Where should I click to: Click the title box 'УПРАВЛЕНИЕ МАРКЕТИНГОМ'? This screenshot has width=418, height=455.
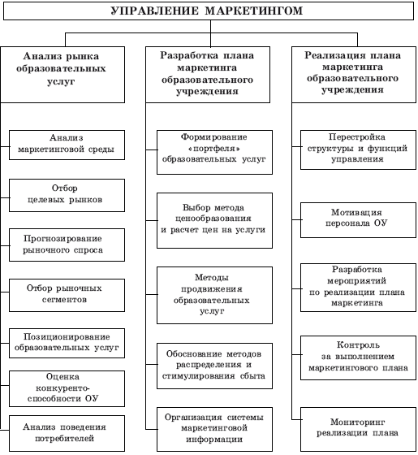click(x=209, y=11)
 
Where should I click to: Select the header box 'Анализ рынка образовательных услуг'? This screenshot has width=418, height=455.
click(x=62, y=75)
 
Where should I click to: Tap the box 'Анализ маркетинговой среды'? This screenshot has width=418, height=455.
click(x=67, y=145)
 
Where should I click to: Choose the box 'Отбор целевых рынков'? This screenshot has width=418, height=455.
click(x=67, y=195)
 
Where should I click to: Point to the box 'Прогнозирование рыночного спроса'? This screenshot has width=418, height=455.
click(x=67, y=245)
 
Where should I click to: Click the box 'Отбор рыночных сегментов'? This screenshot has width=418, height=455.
click(x=67, y=296)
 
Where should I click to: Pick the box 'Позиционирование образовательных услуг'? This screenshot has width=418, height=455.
click(x=67, y=343)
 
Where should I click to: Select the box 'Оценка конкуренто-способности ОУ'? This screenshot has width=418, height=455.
click(x=67, y=388)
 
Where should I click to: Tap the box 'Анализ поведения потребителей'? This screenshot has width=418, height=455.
click(x=67, y=433)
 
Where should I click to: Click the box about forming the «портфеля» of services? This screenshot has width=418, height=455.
click(x=214, y=152)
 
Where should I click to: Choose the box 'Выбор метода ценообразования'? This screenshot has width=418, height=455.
click(x=214, y=220)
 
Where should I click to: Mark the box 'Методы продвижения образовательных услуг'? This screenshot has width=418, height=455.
click(x=214, y=295)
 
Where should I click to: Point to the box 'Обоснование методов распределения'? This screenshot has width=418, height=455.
click(x=214, y=366)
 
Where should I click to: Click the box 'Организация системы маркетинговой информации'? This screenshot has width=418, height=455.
click(x=214, y=429)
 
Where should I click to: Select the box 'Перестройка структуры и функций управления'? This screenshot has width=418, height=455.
click(x=358, y=149)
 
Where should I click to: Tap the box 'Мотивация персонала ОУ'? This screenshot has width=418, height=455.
click(x=358, y=220)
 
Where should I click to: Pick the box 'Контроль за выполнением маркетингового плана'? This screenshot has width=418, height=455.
click(x=358, y=357)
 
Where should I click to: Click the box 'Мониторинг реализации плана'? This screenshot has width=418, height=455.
click(x=358, y=429)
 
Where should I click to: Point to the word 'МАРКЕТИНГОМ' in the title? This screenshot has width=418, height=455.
click(x=253, y=11)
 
